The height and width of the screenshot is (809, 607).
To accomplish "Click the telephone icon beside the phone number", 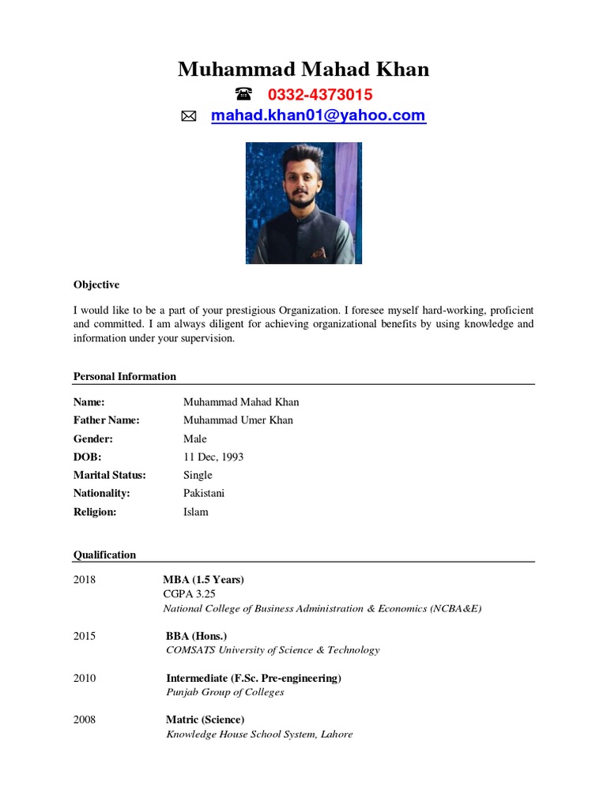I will click(x=243, y=95).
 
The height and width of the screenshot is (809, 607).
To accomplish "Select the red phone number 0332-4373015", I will click(x=320, y=95).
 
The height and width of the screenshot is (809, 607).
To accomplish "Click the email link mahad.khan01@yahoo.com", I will click(x=318, y=116).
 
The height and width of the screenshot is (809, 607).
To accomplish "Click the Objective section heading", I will click(x=96, y=284).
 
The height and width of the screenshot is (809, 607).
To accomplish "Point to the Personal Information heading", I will click(x=125, y=376).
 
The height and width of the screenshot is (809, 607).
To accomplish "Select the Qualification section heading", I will click(x=104, y=555).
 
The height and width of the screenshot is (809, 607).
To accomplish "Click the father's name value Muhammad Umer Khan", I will click(x=238, y=420).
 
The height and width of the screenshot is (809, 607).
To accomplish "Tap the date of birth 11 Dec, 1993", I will click(x=213, y=457).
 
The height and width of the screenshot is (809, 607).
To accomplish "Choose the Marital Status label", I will click(x=110, y=475).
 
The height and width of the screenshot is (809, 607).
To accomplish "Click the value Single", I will click(x=198, y=475).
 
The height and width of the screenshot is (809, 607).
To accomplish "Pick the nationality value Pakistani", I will click(x=204, y=493).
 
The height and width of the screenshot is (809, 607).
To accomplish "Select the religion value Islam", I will click(x=196, y=512).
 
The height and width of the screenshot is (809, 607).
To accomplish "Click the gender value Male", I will click(x=195, y=438).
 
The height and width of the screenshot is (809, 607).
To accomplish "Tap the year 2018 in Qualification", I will click(x=85, y=579).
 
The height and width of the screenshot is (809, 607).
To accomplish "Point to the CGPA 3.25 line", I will click(x=189, y=593).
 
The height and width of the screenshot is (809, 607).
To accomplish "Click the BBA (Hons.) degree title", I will click(x=196, y=635).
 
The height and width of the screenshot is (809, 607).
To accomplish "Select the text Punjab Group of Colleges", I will click(x=224, y=692).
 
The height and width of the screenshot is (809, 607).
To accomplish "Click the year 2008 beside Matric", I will click(x=85, y=720).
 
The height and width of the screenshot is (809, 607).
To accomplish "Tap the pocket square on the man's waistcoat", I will click(x=318, y=253).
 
